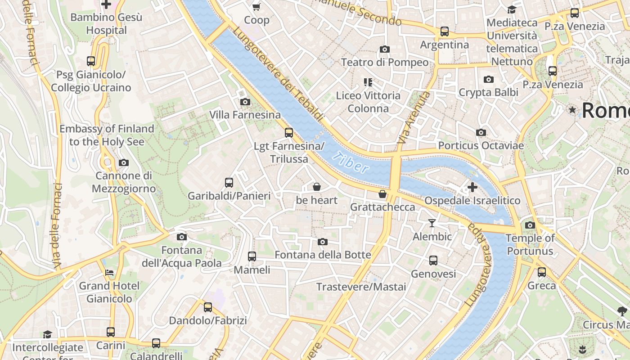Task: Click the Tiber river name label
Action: (351, 163)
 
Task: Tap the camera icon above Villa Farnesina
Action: (245, 102)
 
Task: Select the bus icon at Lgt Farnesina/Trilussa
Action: (289, 133)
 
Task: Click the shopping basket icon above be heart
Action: (317, 187)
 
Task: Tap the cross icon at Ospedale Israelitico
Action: (472, 187)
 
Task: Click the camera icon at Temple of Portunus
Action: (530, 225)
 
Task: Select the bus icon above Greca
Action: (542, 272)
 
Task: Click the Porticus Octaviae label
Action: (481, 146)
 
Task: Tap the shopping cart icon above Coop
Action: (256, 7)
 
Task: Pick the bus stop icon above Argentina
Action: (445, 31)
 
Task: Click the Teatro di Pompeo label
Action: (385, 62)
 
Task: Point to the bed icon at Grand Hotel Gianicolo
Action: (109, 272)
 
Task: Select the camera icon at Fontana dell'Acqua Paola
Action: (182, 237)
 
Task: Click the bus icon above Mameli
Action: (252, 256)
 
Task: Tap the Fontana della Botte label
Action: (323, 255)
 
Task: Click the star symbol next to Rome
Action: (572, 110)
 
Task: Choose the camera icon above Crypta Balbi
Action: (489, 80)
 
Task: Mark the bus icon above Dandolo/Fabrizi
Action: (208, 307)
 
